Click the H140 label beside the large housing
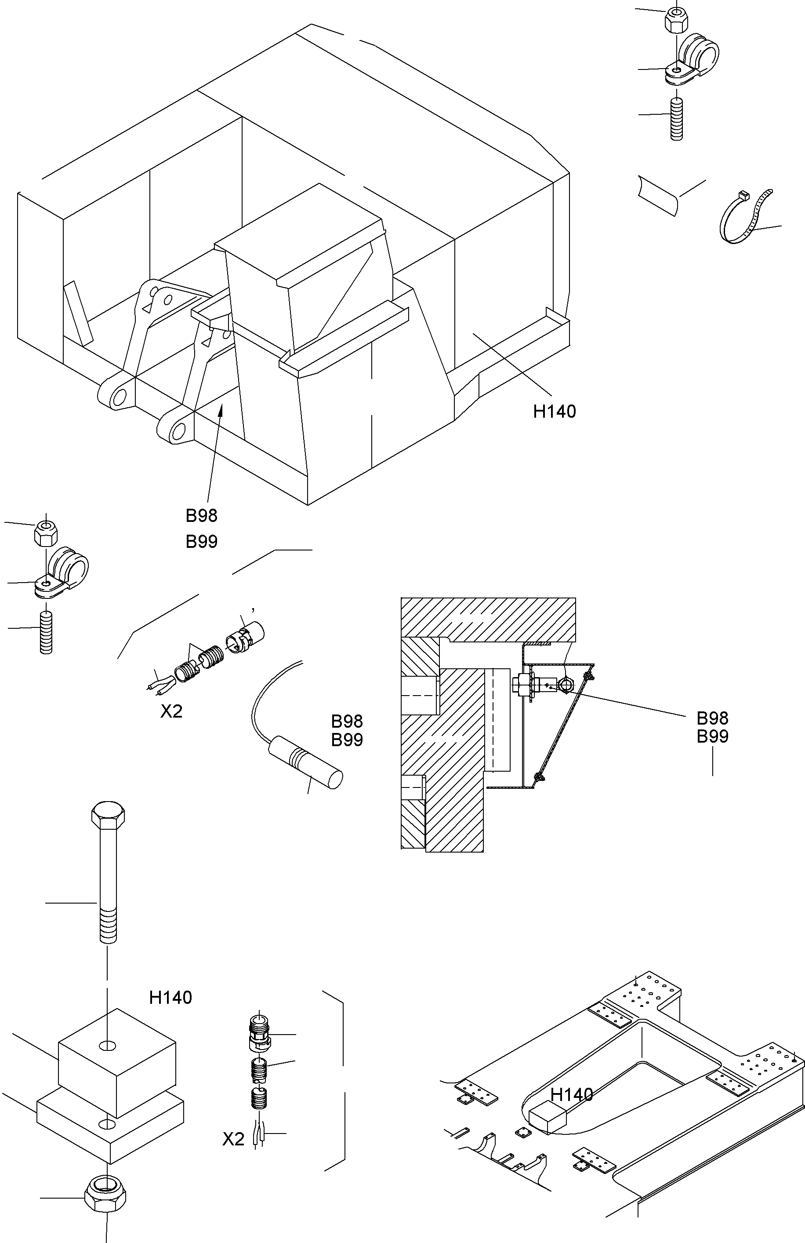555,412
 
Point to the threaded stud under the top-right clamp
676,119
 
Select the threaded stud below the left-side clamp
46,632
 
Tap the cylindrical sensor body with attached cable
305,765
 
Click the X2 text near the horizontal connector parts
171,711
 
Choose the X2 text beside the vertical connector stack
233,1140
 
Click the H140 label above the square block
170,998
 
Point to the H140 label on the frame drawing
572,1095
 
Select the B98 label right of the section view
712,718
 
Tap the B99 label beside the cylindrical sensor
347,740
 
